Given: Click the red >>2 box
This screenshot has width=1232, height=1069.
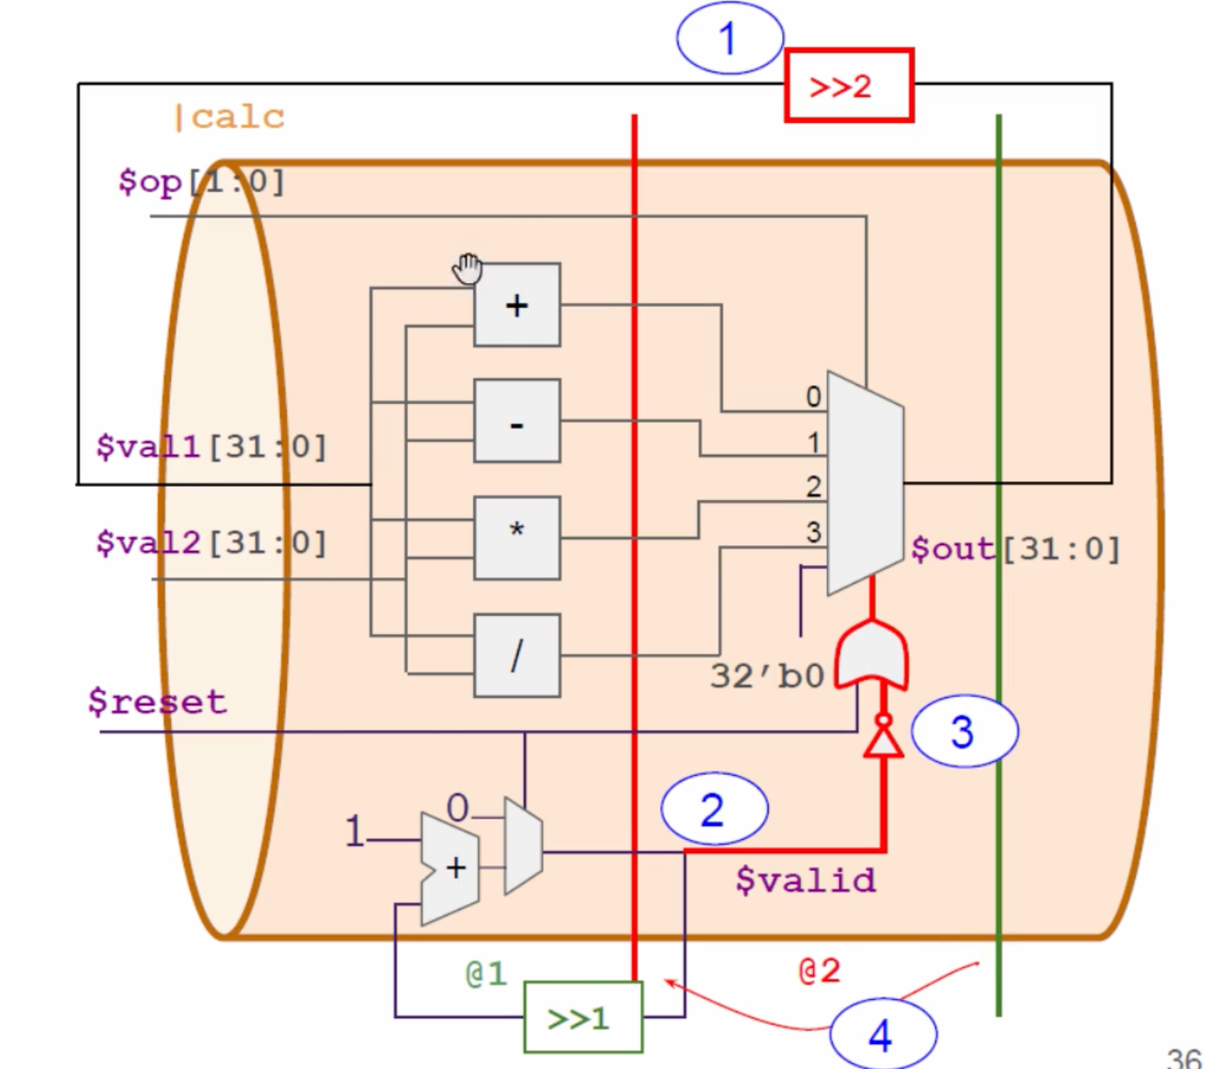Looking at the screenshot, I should (848, 85).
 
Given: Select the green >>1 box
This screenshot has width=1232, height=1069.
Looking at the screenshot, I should (583, 1017).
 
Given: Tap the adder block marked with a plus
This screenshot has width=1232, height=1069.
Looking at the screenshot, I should (517, 305).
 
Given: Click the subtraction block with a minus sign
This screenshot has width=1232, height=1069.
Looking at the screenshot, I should (517, 421).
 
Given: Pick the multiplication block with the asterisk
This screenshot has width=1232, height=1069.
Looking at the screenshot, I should (517, 538).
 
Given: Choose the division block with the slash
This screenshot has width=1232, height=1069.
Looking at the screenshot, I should (517, 655).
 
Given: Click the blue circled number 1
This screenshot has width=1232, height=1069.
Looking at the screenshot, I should (729, 39).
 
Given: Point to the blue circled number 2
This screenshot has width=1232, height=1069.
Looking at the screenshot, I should (714, 810).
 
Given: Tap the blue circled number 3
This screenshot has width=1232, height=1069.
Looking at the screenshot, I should (964, 732).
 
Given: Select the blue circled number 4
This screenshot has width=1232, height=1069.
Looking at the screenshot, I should (882, 1035).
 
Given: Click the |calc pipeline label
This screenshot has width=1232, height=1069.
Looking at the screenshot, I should (230, 117).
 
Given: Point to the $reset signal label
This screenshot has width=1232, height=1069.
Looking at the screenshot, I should (158, 702).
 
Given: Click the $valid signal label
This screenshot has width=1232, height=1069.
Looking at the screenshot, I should (806, 880).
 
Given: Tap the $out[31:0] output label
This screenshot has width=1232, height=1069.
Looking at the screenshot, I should (1016, 548).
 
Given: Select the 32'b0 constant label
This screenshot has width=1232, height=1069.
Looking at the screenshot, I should (767, 677).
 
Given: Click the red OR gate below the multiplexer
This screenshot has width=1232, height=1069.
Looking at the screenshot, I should (871, 654).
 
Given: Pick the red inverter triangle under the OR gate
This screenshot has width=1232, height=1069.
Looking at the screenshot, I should (883, 740).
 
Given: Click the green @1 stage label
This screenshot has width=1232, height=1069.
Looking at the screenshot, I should (486, 974).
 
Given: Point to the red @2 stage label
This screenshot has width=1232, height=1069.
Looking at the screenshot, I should (820, 970).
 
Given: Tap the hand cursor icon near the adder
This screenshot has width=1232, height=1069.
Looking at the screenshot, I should (467, 268).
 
